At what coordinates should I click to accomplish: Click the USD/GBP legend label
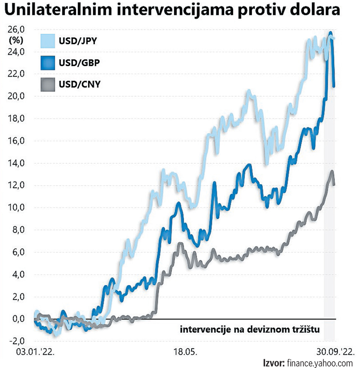pyautogui.click(x=79, y=63)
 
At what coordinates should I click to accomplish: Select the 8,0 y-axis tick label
pyautogui.click(x=17, y=230)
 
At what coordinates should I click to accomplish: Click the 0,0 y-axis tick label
pyautogui.click(x=17, y=319)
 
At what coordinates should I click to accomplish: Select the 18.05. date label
pyautogui.click(x=184, y=351)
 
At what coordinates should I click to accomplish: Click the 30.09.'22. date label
pyautogui.click(x=333, y=351)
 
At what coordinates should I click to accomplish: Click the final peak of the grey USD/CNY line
pyautogui.click(x=332, y=171)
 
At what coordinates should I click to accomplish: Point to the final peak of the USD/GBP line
pyautogui.click(x=330, y=33)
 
